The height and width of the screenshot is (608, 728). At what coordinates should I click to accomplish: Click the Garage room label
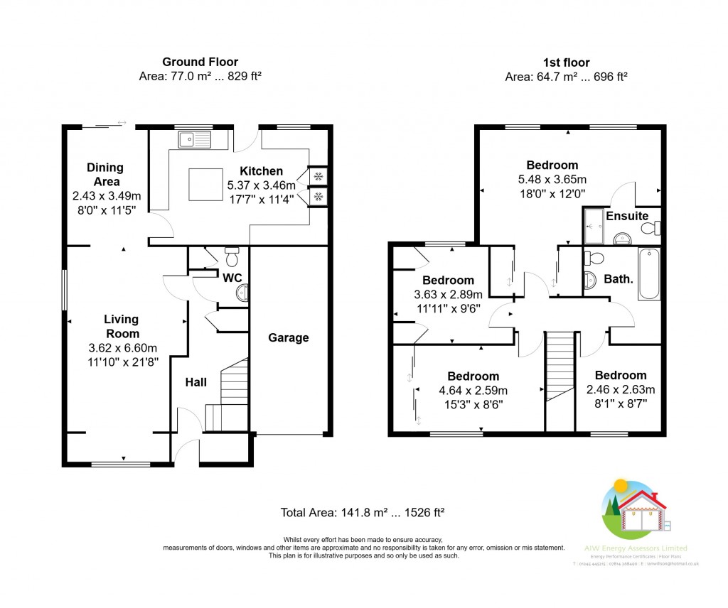tap(288, 337)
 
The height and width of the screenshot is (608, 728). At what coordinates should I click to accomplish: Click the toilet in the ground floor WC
tap(231, 252)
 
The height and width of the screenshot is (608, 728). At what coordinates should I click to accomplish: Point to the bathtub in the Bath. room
tap(649, 274)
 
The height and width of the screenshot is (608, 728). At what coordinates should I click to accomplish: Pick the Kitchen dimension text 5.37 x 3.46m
tap(261, 185)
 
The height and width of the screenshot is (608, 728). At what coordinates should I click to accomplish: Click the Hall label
tap(196, 382)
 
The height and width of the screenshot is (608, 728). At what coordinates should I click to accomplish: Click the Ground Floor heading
tap(200, 63)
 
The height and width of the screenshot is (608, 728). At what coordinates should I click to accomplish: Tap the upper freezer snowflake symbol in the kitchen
tap(318, 176)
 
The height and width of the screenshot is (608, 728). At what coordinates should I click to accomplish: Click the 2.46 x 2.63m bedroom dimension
tap(621, 389)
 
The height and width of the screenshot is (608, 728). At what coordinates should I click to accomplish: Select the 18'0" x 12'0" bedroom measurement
tap(552, 192)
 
